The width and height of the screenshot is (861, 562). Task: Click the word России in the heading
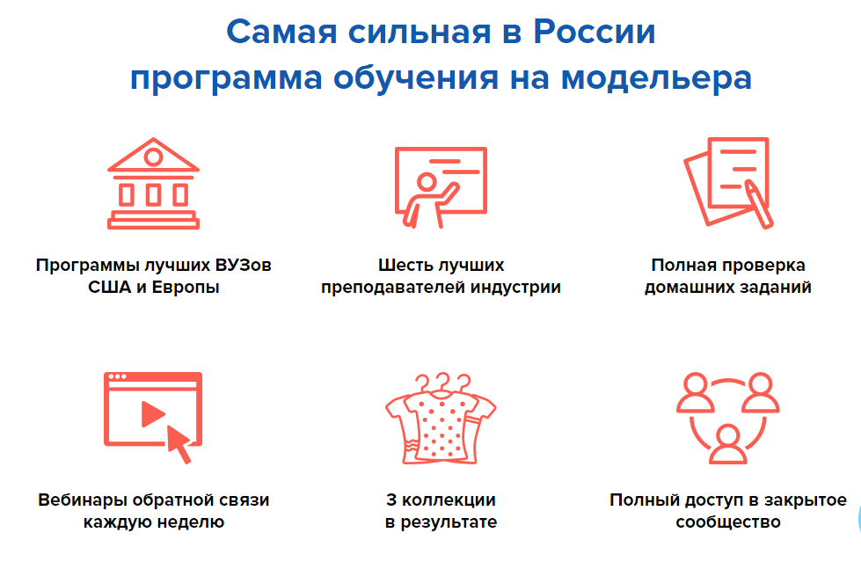pos(594,33)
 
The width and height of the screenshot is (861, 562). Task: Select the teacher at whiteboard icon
pos(440,186)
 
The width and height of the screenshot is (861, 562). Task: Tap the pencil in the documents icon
pos(757,201)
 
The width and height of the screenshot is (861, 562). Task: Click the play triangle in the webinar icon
pos(153,412)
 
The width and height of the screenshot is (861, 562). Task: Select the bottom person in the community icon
pos(727,443)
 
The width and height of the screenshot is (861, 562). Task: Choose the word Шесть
pos(403,265)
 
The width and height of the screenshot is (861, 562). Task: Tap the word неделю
pos(189,522)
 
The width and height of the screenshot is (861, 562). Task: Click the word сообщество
pos(727,522)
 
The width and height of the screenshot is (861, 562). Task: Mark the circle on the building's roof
pos(154,157)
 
